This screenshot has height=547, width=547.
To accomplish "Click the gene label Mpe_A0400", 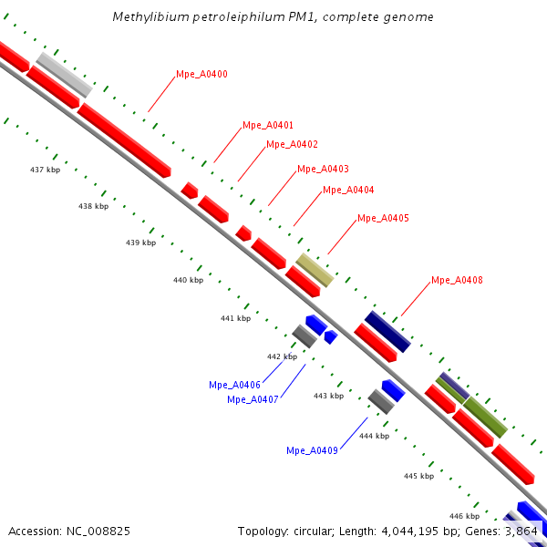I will (201, 74).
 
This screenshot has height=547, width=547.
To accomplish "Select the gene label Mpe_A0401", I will (268, 125).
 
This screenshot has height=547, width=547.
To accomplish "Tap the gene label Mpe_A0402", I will (292, 144).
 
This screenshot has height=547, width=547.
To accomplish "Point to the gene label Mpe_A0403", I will (323, 169).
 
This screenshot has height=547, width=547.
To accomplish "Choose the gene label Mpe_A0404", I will (348, 190).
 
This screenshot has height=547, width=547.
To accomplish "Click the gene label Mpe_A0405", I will (383, 218).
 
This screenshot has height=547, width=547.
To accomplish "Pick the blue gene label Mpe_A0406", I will (234, 385).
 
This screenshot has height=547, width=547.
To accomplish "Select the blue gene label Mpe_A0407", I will (253, 399).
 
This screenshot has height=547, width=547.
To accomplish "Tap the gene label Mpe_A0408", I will (457, 280).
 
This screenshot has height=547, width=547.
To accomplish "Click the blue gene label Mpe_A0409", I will (312, 450).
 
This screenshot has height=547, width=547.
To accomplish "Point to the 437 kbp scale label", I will (45, 170).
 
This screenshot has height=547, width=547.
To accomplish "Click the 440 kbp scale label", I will (188, 280).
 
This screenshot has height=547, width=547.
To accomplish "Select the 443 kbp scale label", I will (328, 396).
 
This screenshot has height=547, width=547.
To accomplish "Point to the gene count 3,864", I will (525, 531).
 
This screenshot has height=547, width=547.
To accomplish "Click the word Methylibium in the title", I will (145, 17).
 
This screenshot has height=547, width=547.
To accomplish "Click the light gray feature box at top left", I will (64, 75).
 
